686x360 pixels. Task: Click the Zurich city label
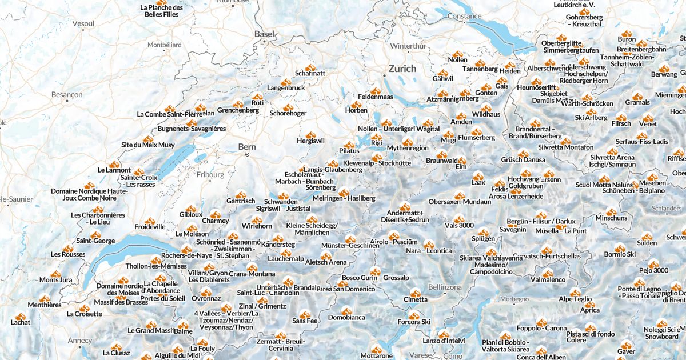pyautogui.click(x=402, y=69)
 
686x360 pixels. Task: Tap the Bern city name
pyautogui.click(x=247, y=147)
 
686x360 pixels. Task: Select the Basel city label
pyautogui.click(x=264, y=34)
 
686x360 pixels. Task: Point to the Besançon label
pyautogui.click(x=67, y=94)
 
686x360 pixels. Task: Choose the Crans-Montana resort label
pyautogui.click(x=236, y=274)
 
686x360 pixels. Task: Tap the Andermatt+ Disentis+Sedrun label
pyautogui.click(x=408, y=217)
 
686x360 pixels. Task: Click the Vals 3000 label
pyautogui.click(x=458, y=225)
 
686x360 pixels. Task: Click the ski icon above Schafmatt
pyautogui.click(x=310, y=66)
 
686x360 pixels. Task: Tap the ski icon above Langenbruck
pyautogui.click(x=286, y=81)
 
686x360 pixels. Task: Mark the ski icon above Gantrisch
pyautogui.click(x=241, y=193)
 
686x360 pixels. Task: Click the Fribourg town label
pyautogui.click(x=209, y=175)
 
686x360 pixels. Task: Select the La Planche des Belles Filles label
pyautogui.click(x=161, y=11)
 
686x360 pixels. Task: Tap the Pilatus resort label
pyautogui.click(x=349, y=151)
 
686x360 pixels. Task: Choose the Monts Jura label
pyautogui.click(x=56, y=280)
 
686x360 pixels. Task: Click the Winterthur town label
pyautogui.click(x=408, y=46)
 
